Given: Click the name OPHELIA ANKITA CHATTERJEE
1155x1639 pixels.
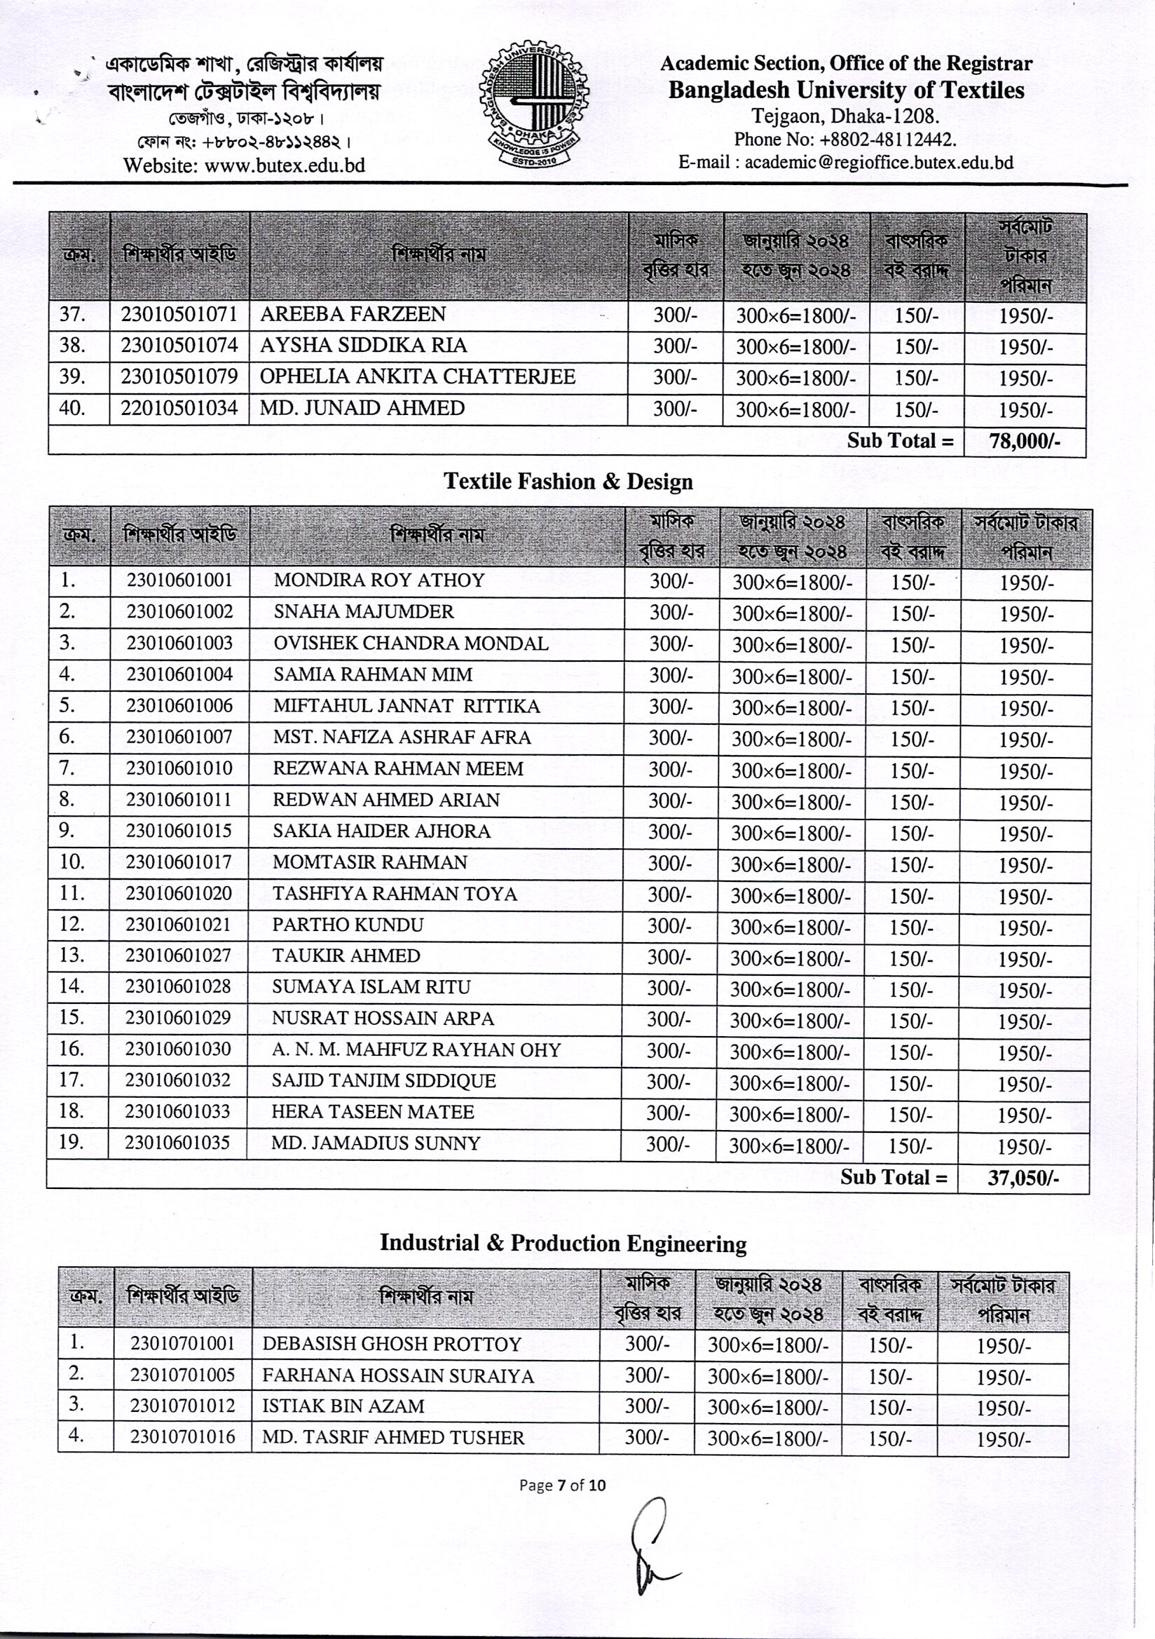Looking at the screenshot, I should pos(417,377).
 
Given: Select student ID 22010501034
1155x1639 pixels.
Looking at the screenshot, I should pos(179,408).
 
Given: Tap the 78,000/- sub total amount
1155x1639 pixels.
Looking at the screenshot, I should pos(1025,442).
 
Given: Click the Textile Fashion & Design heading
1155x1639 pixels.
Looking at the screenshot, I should pos(568,482).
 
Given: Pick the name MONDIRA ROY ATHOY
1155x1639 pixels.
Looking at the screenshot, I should pos(379,580).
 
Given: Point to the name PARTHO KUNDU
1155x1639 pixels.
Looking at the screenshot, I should pos(348,925).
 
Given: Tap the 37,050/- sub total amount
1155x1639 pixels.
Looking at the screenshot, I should pos(1023,1178).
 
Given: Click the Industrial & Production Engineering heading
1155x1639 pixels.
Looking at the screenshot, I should pos(563,1244).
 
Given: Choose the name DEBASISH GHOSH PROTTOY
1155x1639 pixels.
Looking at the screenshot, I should pos(392,1344).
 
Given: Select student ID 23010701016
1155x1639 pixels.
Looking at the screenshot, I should pos(183,1437).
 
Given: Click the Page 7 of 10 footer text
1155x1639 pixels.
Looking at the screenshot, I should pos(563,1485).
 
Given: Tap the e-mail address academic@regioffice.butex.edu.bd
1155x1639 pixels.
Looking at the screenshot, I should pos(879,162).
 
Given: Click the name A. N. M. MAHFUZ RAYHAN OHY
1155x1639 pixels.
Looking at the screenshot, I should pos(416,1050).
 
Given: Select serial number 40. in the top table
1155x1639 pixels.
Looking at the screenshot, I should pos(72,408).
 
